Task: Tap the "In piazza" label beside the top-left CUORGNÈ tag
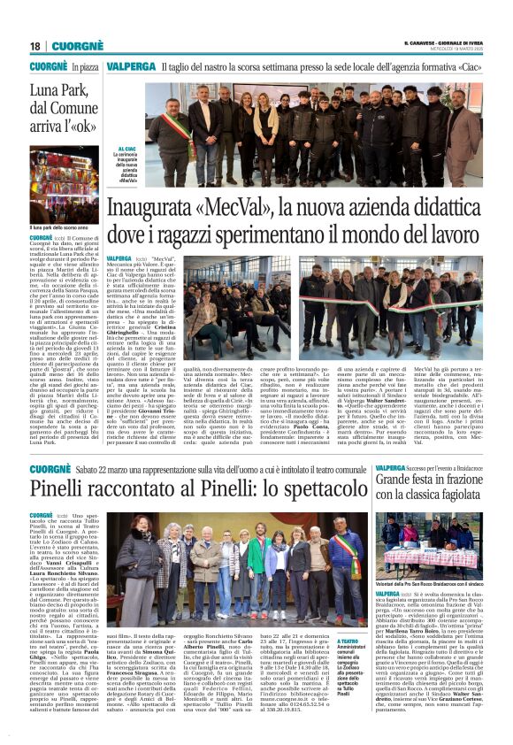pos(85,66)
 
